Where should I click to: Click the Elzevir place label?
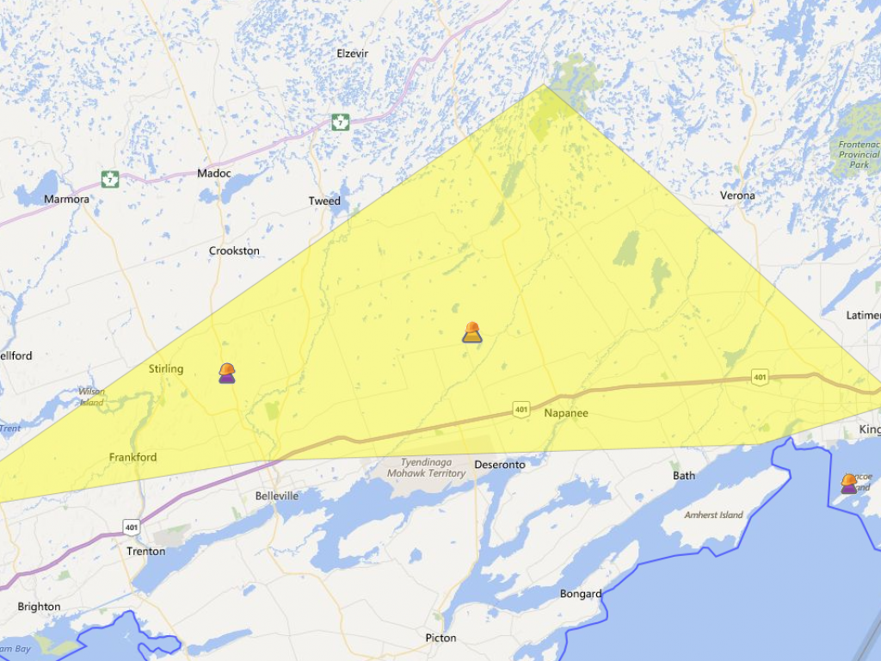(352, 53)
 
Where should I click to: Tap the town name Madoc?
(213, 173)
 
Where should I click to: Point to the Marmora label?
(65, 199)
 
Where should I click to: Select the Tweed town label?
(324, 201)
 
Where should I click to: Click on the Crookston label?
(234, 251)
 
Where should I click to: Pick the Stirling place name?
(166, 368)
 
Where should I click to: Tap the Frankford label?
(132, 457)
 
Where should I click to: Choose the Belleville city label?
(277, 496)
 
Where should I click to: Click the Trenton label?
(145, 551)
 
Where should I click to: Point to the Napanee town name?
(566, 413)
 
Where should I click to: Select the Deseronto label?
(500, 465)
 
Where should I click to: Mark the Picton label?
(440, 638)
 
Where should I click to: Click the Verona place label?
(737, 195)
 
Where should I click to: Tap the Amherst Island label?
(713, 515)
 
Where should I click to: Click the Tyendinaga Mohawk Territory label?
(426, 467)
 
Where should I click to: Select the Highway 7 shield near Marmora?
(109, 179)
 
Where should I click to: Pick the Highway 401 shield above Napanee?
(521, 410)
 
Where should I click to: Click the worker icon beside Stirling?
(227, 373)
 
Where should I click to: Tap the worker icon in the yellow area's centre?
(471, 332)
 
